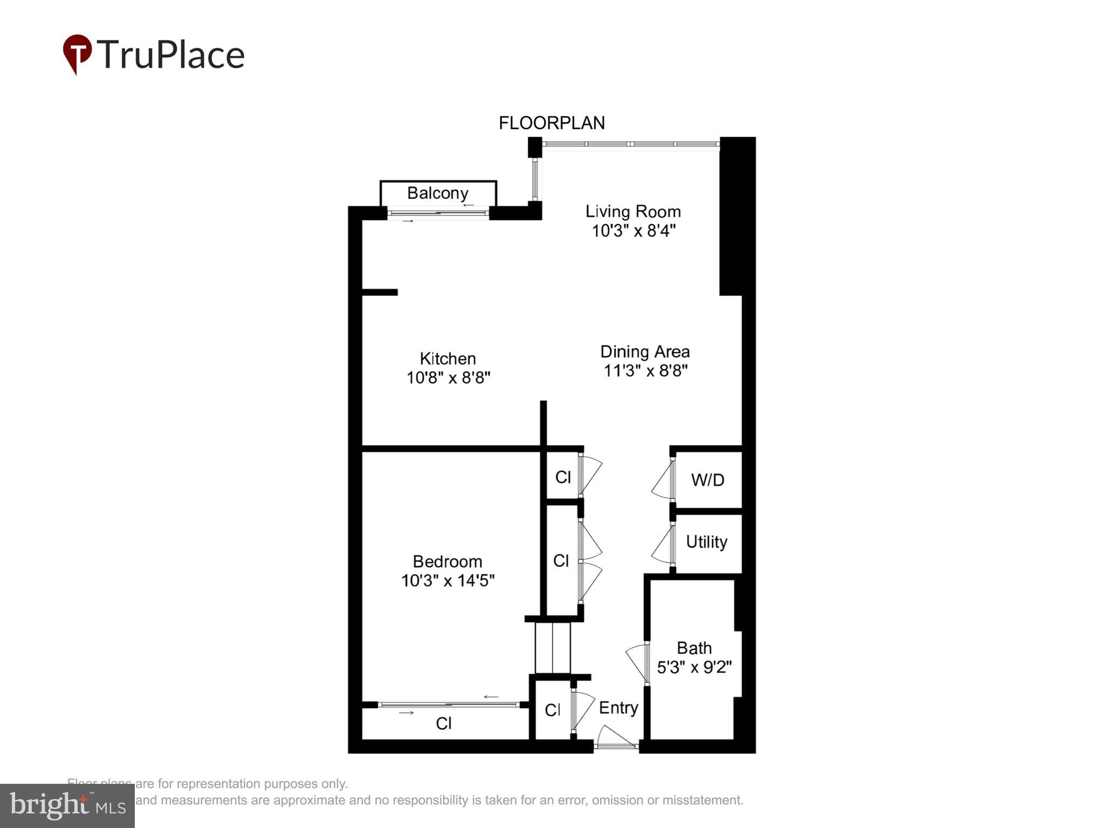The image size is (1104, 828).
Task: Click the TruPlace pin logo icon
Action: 77,54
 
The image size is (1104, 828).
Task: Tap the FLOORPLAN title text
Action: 551,123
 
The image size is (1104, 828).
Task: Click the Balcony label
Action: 437,193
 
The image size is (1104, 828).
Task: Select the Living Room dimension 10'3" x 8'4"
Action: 633,231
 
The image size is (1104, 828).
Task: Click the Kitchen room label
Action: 447,358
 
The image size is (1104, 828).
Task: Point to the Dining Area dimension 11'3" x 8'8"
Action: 645,371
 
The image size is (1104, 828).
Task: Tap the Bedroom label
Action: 447,561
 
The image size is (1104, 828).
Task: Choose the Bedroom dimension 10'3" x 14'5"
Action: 447,581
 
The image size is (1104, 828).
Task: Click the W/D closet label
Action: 707,480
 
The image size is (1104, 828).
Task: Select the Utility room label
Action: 706,542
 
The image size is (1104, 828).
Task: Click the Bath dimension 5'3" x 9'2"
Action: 694,667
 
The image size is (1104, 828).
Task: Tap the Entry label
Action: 618,707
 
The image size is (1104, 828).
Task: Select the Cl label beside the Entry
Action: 553,710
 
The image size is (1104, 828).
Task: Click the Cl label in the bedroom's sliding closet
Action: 444,723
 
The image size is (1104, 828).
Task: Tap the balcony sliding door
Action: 438,213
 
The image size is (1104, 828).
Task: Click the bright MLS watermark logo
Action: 67,805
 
